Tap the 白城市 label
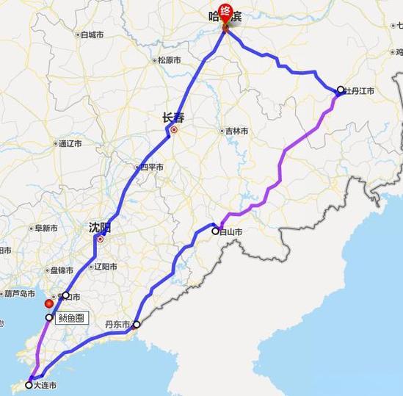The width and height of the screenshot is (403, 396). pyautogui.click(x=93, y=35)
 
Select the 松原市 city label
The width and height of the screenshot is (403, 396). pyautogui.click(x=169, y=60)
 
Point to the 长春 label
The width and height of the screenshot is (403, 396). pyautogui.click(x=174, y=117)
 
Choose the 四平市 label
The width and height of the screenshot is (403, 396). pyautogui.click(x=152, y=167)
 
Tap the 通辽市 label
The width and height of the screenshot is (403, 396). pyautogui.click(x=73, y=143)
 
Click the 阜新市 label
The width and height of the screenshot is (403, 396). pyautogui.click(x=46, y=228)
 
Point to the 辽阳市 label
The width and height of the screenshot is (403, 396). pyautogui.click(x=107, y=266)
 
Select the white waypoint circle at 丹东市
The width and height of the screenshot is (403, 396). pyautogui.click(x=136, y=324)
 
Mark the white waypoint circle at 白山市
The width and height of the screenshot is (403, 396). pyautogui.click(x=216, y=231)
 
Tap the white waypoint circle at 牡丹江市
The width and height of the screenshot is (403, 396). pyautogui.click(x=341, y=90)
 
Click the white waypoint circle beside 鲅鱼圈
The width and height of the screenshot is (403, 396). pyautogui.click(x=50, y=318)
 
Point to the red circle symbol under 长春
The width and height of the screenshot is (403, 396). pyautogui.click(x=174, y=131)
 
